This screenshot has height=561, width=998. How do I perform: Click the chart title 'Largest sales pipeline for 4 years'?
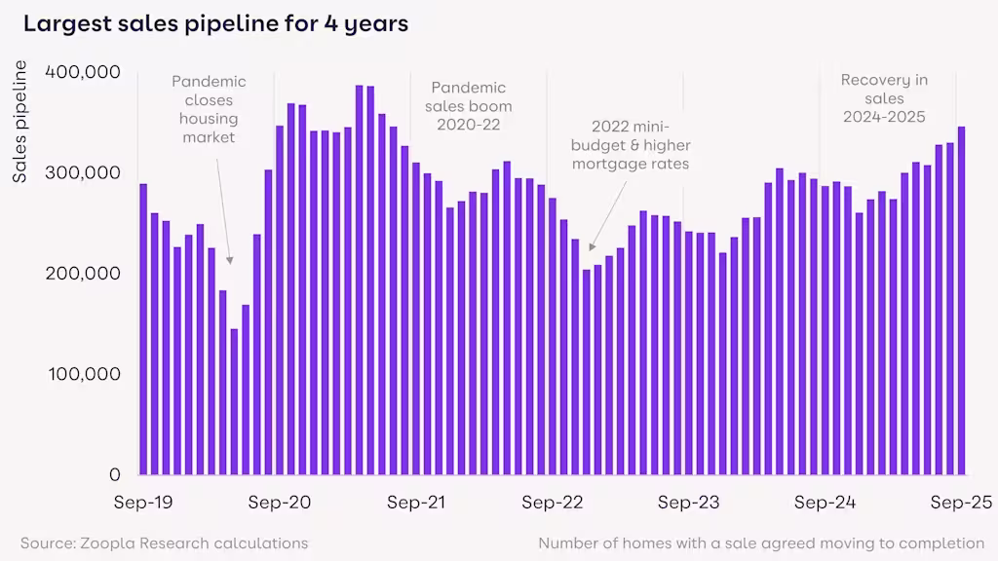215,24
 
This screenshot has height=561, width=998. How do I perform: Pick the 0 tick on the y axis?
114,474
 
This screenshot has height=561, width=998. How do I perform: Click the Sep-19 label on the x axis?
143,503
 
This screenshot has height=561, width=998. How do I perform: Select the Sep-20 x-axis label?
280,503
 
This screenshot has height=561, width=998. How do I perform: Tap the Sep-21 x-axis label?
416,503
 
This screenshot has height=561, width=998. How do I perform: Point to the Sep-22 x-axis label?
552,503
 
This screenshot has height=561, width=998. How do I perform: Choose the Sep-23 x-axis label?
688,503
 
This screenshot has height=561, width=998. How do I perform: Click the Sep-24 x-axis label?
825,503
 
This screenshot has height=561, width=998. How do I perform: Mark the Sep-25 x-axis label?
959,503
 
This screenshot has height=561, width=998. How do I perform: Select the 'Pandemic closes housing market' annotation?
209,109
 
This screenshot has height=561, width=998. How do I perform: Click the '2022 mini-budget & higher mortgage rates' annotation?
631,145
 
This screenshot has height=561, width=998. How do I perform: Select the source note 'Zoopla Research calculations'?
164,542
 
